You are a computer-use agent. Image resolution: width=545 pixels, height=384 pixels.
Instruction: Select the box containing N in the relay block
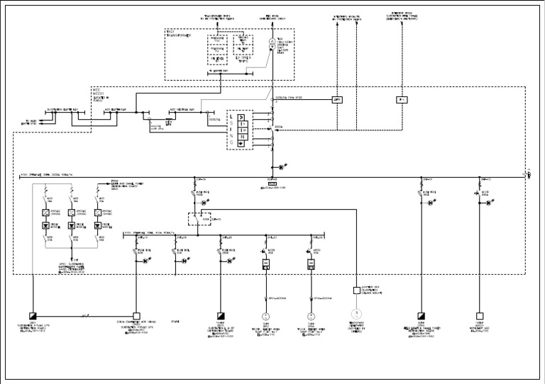click(x=241, y=136)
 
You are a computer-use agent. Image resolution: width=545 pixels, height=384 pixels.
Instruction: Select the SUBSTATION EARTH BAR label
click(x=61, y=110)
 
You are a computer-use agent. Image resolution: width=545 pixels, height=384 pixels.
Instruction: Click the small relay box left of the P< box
click(x=337, y=100)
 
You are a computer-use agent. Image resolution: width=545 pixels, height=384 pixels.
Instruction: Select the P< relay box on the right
click(x=401, y=100)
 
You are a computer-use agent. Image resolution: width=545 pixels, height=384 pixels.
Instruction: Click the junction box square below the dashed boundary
click(x=357, y=290)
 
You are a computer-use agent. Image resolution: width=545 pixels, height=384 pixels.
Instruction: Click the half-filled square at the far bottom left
click(x=33, y=316)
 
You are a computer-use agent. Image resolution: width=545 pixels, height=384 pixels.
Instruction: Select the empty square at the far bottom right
click(x=480, y=316)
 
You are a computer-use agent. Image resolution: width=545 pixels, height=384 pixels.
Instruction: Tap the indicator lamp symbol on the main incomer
click(x=280, y=166)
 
